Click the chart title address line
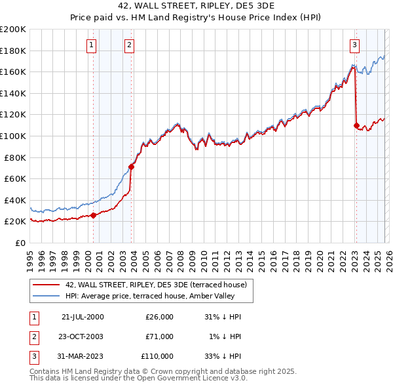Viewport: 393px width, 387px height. click(x=196, y=5)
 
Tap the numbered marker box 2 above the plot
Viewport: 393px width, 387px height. click(x=130, y=45)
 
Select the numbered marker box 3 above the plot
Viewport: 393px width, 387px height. click(x=354, y=45)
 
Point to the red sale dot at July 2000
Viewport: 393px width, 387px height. click(x=94, y=215)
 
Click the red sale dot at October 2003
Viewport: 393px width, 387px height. click(x=132, y=167)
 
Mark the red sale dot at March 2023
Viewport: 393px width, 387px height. click(x=356, y=125)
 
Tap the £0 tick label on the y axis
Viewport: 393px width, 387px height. click(x=20, y=243)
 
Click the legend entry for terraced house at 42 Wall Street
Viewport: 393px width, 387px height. click(x=156, y=285)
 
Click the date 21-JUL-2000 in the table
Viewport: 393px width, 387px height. click(x=83, y=317)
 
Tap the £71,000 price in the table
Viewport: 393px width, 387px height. click(x=159, y=336)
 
